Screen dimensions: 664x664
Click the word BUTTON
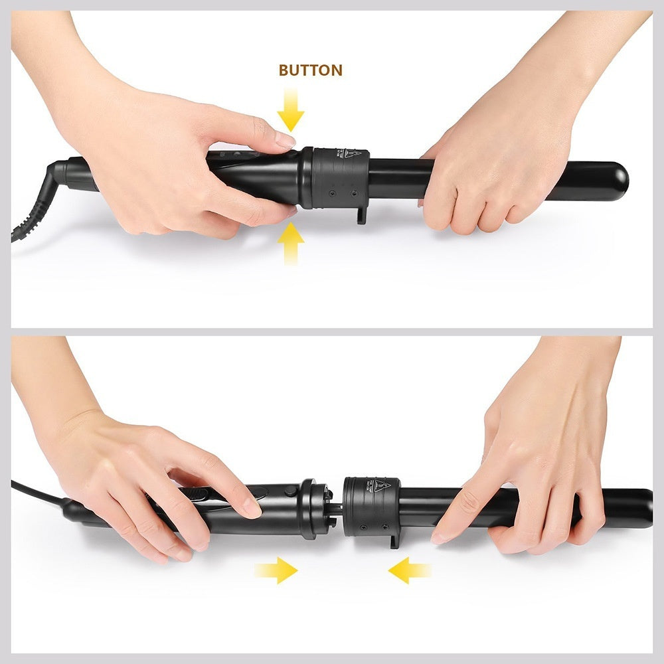tap(310, 70)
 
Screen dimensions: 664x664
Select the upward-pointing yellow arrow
tap(291, 244)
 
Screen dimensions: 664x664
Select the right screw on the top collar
tap(353, 193)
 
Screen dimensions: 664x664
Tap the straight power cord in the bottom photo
tap(37, 491)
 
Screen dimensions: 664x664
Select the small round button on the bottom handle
tap(290, 491)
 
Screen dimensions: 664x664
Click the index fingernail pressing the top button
tap(285, 140)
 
